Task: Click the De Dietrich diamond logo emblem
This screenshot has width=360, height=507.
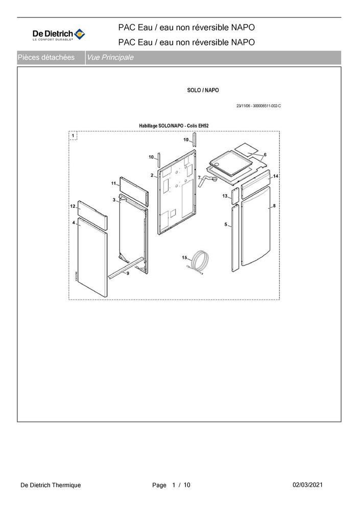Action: pos(80,34)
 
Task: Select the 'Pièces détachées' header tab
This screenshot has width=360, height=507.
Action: pos(46,58)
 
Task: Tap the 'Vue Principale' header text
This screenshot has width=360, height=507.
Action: pos(110,58)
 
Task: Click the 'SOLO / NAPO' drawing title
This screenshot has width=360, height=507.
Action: pos(203,90)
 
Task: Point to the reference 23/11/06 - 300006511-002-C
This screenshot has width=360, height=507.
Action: pos(258,106)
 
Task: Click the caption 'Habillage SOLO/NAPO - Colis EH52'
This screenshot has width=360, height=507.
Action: pos(174,125)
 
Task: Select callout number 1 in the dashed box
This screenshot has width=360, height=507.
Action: pos(74,136)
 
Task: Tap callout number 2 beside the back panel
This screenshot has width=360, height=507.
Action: pos(152,175)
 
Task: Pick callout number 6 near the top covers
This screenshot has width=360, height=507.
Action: pos(265,154)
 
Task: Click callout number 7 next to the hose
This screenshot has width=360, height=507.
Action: pos(199,177)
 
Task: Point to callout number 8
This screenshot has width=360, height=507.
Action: pos(274,205)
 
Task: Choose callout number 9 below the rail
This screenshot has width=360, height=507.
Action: pos(128,274)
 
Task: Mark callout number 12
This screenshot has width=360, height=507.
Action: pos(73,205)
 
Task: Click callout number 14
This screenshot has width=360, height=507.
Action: pos(275,176)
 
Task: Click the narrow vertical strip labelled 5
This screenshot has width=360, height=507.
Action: pos(234,237)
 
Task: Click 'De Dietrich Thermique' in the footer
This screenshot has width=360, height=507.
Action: pos(51,485)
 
